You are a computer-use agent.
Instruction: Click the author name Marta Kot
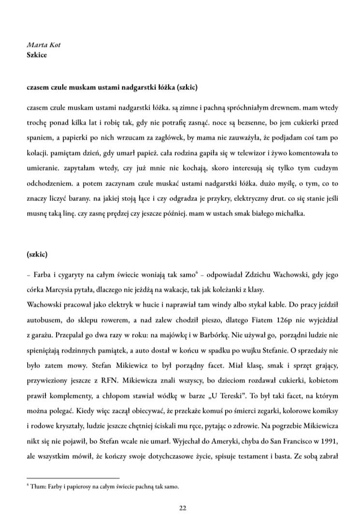[x=43, y=45]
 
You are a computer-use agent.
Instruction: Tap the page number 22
[x=182, y=507]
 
